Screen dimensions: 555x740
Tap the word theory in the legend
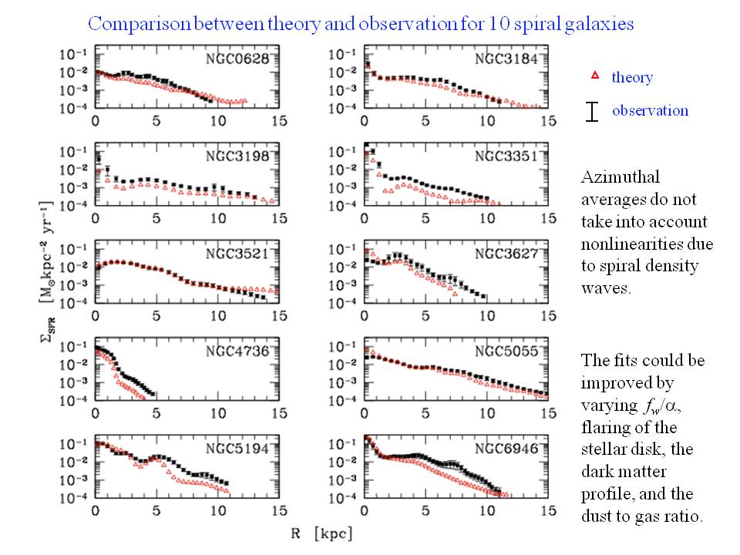pyautogui.click(x=632, y=78)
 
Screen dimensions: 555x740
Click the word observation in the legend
pyautogui.click(x=650, y=110)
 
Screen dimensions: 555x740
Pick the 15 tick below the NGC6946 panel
pyautogui.click(x=547, y=511)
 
